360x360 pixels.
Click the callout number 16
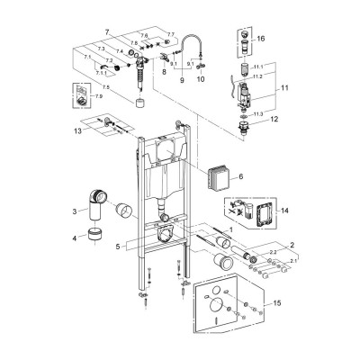pyautogui.click(x=260, y=40)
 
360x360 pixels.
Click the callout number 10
pyautogui.click(x=201, y=79)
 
